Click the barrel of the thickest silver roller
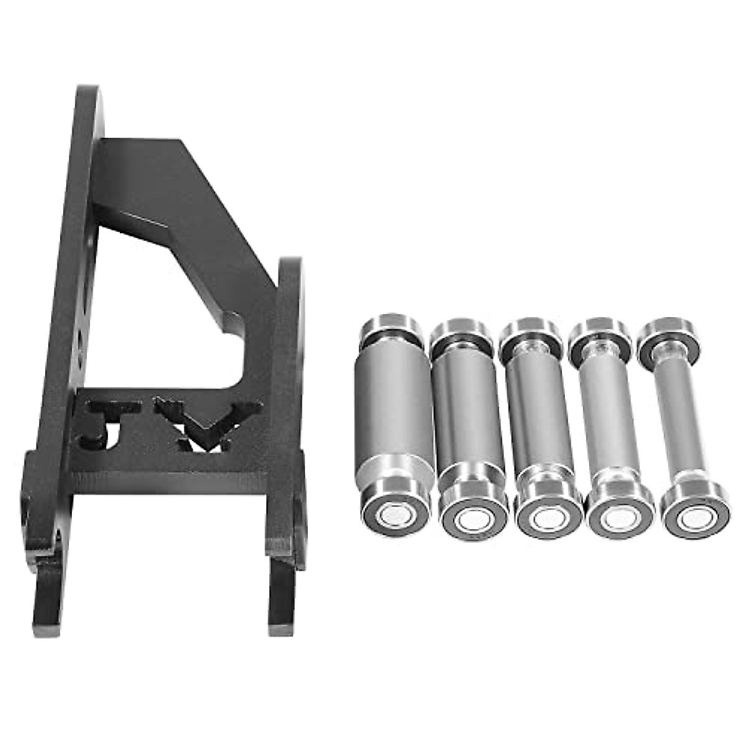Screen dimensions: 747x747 (x=393, y=408)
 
